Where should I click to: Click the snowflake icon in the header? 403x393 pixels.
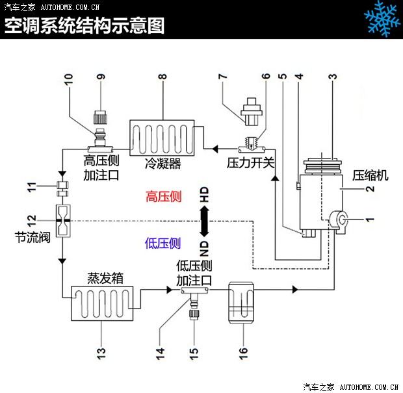[381, 19]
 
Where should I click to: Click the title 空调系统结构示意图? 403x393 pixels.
[84, 26]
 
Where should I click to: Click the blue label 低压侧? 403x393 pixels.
[163, 243]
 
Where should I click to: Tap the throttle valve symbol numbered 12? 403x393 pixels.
[62, 221]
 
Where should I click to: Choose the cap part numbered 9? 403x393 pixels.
[100, 115]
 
